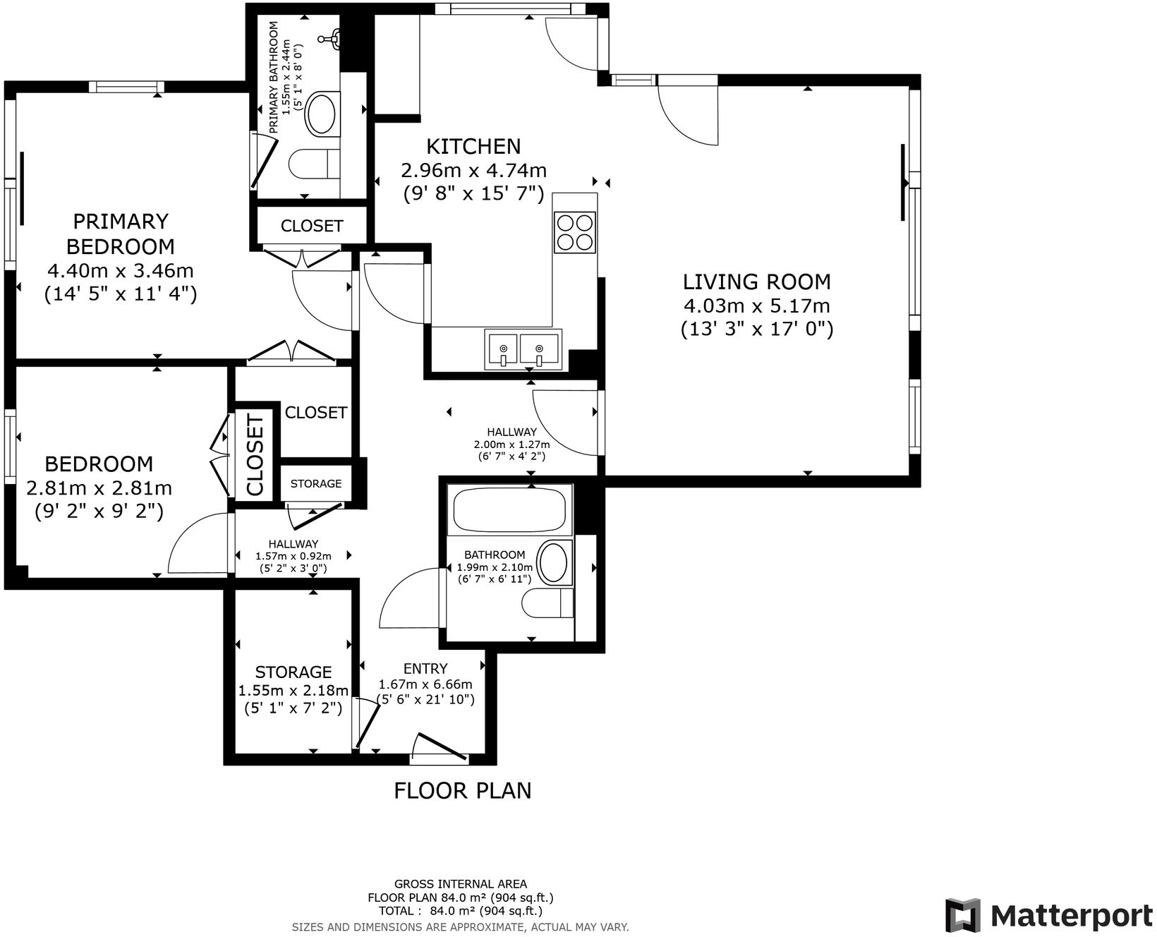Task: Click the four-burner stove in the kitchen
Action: point(574,232)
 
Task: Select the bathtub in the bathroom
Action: point(509,510)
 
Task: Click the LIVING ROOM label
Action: point(756,282)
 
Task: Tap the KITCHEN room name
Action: point(473,146)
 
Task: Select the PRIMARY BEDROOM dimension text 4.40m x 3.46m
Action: point(120,270)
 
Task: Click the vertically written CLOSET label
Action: point(255,455)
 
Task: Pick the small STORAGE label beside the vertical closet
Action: point(315,483)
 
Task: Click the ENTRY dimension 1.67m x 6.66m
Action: point(425,684)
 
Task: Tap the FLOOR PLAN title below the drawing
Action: point(462,790)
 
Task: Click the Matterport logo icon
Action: point(963,916)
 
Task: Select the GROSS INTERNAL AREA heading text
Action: point(460,883)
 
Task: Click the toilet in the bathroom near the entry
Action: point(547,603)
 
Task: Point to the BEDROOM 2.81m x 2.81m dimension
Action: point(99,488)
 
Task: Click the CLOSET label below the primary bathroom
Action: point(311,226)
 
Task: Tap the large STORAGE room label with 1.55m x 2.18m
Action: point(293,672)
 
